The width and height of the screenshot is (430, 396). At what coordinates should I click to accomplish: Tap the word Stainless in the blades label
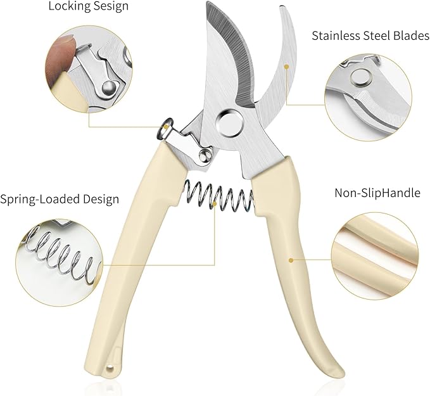335,36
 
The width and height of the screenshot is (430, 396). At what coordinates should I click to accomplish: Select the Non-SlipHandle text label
377,193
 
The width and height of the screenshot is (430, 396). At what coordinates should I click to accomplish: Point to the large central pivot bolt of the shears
230,123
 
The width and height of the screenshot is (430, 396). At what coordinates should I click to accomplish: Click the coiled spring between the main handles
218,196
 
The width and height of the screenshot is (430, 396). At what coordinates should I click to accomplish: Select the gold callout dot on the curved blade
287,67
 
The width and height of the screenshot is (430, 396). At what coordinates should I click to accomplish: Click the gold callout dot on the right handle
291,260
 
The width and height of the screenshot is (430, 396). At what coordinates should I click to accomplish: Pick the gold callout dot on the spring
215,203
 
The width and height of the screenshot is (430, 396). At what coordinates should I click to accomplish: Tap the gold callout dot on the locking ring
166,127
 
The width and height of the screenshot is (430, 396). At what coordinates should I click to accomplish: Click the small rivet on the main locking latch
205,156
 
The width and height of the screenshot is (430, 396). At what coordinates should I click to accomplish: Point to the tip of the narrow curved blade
282,6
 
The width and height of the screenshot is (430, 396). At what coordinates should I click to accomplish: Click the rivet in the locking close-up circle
108,87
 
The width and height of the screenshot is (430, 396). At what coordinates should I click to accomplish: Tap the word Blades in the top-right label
412,36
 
